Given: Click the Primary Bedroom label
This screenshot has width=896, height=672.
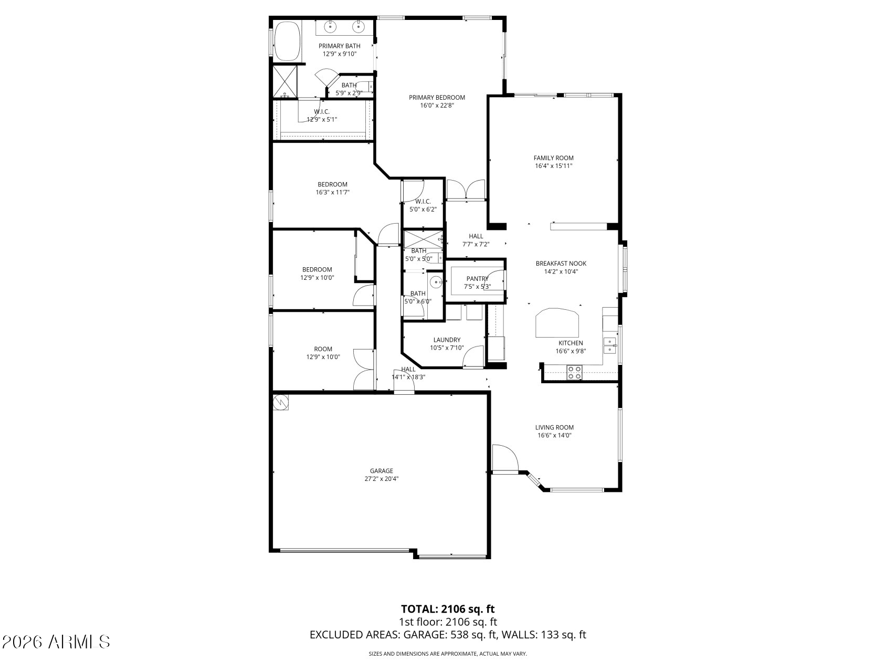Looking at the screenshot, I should (x=437, y=98).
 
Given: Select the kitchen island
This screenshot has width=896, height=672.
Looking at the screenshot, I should (x=557, y=323).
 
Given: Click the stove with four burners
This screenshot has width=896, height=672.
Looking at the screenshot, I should (x=574, y=372).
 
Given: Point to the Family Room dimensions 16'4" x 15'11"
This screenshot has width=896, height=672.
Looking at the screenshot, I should (x=553, y=166).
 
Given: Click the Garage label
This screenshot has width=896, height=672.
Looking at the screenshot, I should (x=381, y=471).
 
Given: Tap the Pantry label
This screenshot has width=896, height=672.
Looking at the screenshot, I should (x=477, y=279).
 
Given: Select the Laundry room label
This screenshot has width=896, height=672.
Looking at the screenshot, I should (x=447, y=340).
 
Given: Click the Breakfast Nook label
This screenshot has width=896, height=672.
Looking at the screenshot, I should (x=561, y=264).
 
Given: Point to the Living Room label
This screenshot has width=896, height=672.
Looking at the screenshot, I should (x=554, y=427).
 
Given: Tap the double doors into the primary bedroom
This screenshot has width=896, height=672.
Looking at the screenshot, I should (x=465, y=190).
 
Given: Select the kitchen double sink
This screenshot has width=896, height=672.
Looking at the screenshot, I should (x=610, y=345).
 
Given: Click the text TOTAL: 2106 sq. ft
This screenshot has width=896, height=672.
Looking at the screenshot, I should (x=448, y=609).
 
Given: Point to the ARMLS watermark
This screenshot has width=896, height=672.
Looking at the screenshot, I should (x=56, y=642).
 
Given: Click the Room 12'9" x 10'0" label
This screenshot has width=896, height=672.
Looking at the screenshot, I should (x=323, y=349).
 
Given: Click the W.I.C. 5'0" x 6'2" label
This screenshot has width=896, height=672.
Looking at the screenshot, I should (x=423, y=202).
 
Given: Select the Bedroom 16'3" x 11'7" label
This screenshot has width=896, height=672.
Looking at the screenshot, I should (x=332, y=184).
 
